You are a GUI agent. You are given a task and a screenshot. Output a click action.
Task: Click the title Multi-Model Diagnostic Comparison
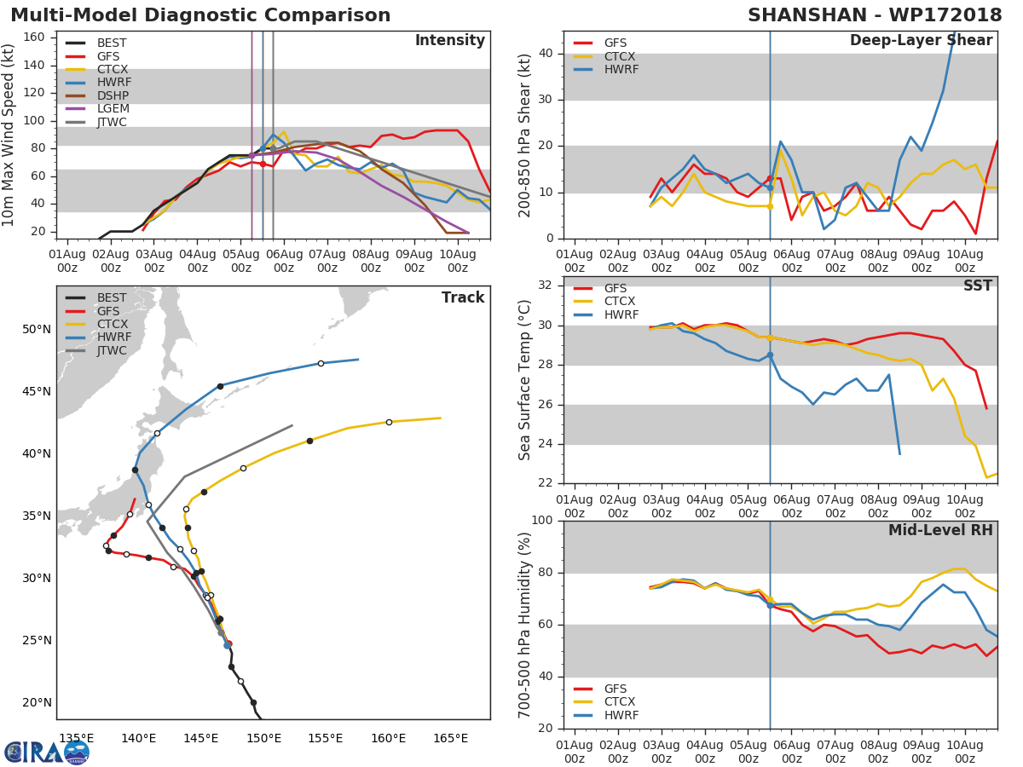tap(200, 15)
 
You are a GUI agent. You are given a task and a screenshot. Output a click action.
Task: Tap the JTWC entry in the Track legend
tap(112, 350)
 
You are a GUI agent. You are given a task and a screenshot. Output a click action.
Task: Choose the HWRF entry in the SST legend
tap(621, 314)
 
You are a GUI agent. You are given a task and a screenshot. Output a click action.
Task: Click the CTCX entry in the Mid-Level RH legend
tap(621, 701)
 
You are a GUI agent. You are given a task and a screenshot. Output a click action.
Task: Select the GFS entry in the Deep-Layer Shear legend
tap(615, 43)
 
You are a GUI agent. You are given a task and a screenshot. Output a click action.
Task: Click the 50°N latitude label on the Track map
tap(36, 329)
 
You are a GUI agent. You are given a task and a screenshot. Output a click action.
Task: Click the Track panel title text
tap(463, 297)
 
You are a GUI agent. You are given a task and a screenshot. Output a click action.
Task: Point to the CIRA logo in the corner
tap(47, 751)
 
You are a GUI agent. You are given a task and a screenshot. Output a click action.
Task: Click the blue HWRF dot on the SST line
tap(770, 355)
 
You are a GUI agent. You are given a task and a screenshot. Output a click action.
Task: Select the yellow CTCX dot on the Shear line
tap(770, 206)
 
